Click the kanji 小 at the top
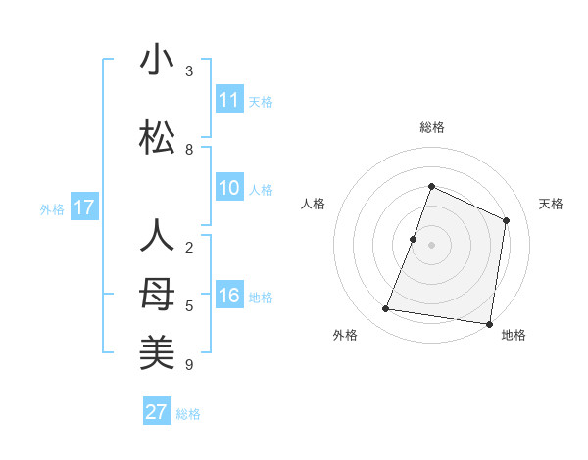[x=157, y=61]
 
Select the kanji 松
[x=157, y=138]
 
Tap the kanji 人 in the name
[x=157, y=237]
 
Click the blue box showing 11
[x=229, y=100]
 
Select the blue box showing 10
[x=229, y=189]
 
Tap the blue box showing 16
[x=229, y=297]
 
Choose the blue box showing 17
[x=84, y=207]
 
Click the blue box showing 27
[x=157, y=412]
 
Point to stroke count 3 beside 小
[x=189, y=71]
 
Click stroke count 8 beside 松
[x=189, y=150]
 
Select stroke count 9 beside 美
[x=189, y=365]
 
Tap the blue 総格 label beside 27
[x=188, y=414]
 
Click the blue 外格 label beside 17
[x=52, y=208]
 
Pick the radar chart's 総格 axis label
[x=432, y=127]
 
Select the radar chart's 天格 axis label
[x=552, y=204]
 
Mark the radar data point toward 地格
[x=489, y=323]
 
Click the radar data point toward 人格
[x=414, y=239]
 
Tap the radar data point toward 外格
[x=386, y=309]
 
